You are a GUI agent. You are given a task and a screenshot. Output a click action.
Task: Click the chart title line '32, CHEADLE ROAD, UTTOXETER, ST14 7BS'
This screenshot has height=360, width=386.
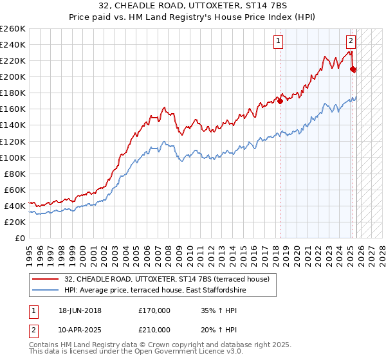coord(193,6)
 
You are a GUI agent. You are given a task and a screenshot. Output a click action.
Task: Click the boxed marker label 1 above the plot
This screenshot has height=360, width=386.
coord(278,41)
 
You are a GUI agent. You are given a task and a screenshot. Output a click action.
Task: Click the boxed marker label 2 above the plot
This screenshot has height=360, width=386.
coord(351,41)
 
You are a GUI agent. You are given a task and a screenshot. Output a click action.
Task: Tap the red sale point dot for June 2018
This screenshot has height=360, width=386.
coord(280,101)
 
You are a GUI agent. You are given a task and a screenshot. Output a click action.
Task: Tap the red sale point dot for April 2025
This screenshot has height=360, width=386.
coord(353,69)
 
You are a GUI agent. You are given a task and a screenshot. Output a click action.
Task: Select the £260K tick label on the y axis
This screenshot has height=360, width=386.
coord(13,29)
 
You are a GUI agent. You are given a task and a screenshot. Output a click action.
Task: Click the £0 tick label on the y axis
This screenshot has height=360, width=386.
coord(19,238)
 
